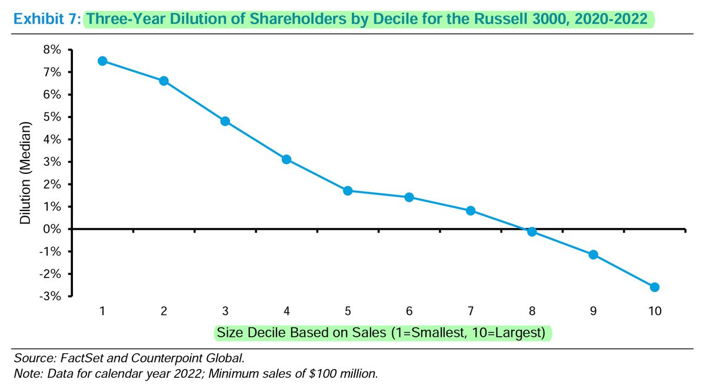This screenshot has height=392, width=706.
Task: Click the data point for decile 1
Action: click(x=102, y=61)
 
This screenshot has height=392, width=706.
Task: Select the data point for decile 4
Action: click(x=287, y=159)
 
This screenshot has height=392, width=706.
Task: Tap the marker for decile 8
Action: click(x=532, y=232)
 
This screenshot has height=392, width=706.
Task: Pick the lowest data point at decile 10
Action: click(x=654, y=287)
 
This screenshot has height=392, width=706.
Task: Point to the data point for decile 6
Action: click(x=409, y=197)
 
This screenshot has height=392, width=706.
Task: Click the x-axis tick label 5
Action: click(x=348, y=310)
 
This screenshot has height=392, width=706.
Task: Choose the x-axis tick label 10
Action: click(x=654, y=310)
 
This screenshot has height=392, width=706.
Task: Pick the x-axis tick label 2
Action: click(x=164, y=310)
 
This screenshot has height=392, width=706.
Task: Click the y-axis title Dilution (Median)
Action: click(x=25, y=173)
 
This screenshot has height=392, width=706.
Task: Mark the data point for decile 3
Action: click(x=225, y=122)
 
